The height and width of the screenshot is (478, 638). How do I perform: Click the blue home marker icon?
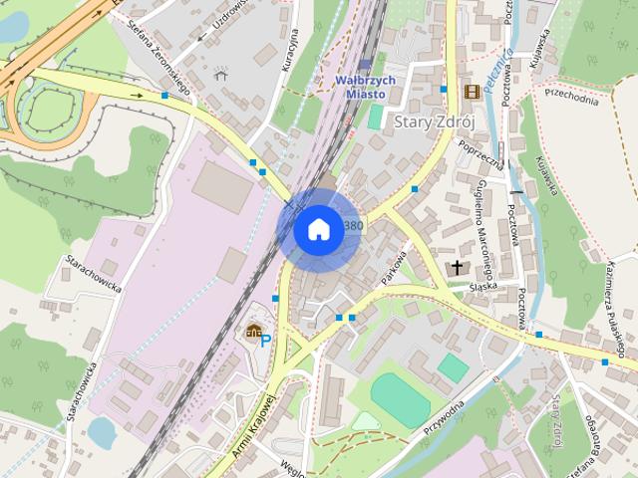(317, 230)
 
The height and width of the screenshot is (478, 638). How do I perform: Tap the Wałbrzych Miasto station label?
(365, 87)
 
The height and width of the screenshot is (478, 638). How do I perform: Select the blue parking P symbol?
(265, 341)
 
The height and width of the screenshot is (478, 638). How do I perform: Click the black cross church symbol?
(458, 268)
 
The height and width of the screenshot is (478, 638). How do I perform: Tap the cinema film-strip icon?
(471, 93)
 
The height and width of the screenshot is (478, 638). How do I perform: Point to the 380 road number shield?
(353, 226)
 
